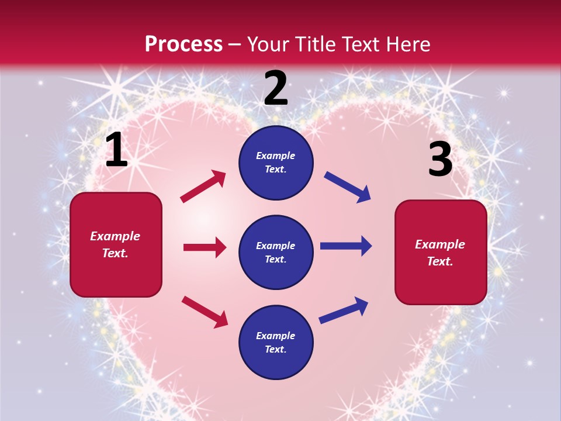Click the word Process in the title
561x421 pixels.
[183, 44]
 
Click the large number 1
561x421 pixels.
[116, 150]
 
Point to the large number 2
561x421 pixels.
[276, 88]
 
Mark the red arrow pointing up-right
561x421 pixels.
[203, 187]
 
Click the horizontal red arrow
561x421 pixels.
[205, 247]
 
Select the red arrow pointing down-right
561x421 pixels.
[205, 312]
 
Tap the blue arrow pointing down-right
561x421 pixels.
[347, 187]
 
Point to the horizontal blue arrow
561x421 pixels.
[346, 246]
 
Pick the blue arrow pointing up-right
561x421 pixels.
[344, 310]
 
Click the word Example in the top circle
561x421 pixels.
[276, 156]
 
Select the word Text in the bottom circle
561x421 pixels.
[275, 349]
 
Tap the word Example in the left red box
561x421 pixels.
[115, 236]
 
